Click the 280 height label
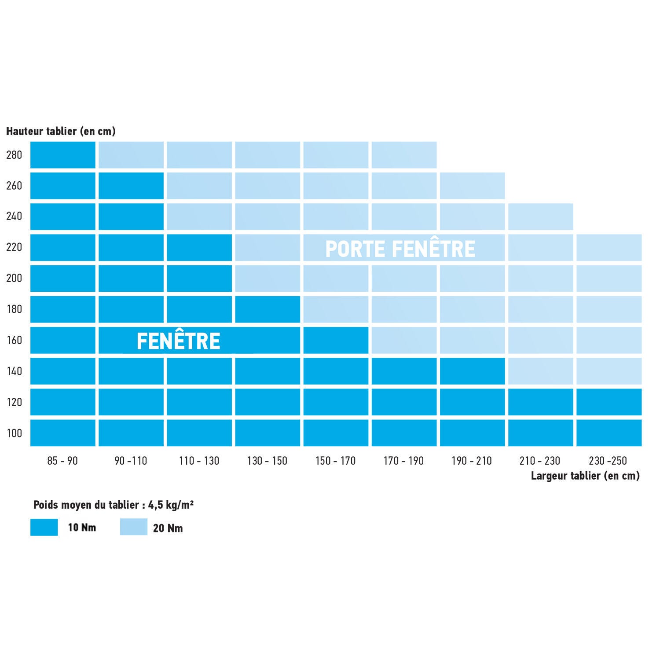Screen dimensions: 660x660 (14, 155)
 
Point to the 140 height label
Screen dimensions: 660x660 (14, 371)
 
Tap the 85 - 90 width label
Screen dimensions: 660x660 (62, 461)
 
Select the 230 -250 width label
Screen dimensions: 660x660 (608, 461)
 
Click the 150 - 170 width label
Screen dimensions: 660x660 (335, 461)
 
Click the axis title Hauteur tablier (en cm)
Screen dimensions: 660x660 (61, 131)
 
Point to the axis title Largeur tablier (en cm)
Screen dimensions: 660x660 (585, 476)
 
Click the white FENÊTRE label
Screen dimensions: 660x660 (178, 341)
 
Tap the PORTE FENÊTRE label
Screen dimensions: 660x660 (400, 249)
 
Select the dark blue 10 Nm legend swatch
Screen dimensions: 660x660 (44, 527)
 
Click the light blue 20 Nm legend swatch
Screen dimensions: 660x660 (134, 527)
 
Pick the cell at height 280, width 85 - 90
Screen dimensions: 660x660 (63, 155)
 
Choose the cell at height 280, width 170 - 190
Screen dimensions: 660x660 (404, 155)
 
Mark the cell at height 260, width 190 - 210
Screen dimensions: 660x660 (472, 186)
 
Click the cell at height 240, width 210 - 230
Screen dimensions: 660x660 (541, 216)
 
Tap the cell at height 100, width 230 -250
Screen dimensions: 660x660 (609, 433)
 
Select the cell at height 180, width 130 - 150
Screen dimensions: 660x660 (268, 309)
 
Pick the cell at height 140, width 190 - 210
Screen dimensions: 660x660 (472, 371)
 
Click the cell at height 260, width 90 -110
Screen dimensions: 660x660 (131, 186)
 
